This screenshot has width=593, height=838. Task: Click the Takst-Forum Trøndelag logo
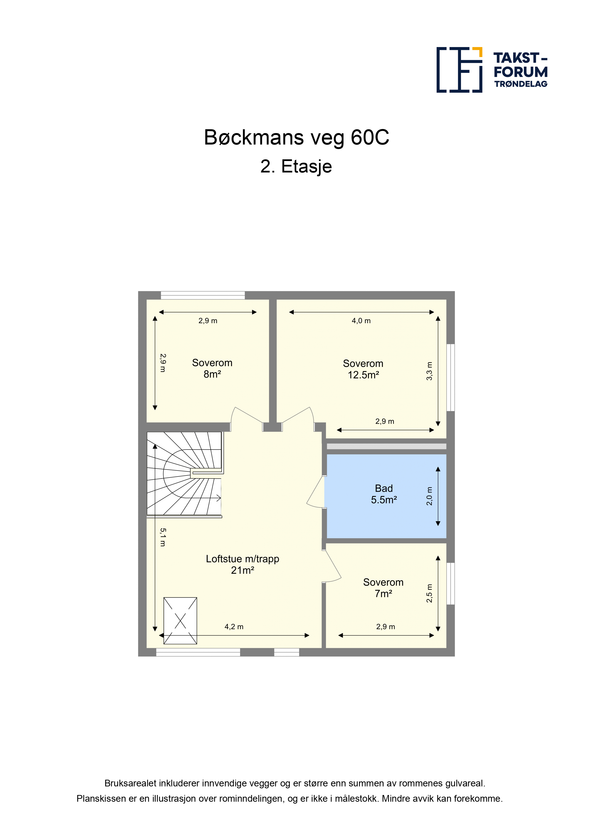(492, 70)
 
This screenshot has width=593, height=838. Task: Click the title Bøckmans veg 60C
(296, 138)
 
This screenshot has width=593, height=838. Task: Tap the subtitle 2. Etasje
(296, 167)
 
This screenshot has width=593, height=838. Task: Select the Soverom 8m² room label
(212, 368)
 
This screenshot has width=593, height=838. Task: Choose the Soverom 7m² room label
(383, 588)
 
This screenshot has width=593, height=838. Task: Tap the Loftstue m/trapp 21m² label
(243, 564)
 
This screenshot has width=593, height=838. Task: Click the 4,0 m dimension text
(361, 321)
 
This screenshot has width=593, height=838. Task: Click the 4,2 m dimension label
(234, 627)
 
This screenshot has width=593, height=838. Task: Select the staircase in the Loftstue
(185, 474)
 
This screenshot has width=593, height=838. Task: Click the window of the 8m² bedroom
(203, 295)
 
